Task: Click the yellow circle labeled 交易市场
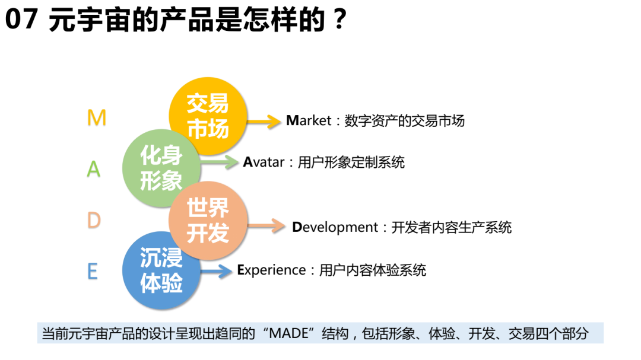coord(208,116)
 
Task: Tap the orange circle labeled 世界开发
coord(208,220)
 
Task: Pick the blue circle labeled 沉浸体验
coord(161,270)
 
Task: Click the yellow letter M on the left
coord(96,119)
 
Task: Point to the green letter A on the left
coord(94,170)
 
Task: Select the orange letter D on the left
coord(94,221)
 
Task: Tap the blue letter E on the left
coord(93,272)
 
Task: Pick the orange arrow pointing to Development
coord(268,226)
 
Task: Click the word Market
coord(309,121)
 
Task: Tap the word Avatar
coord(264,162)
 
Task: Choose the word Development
coord(335,227)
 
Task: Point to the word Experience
coord(271,270)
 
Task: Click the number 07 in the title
coord(21,22)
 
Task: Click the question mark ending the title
coord(339,22)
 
